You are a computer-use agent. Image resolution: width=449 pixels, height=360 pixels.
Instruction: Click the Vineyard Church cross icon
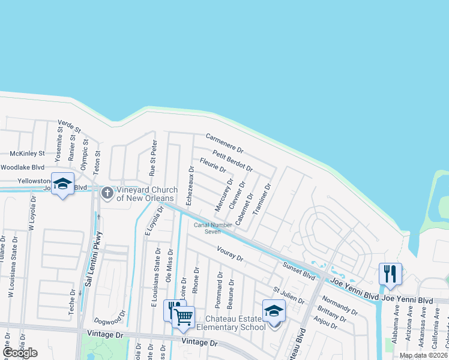pos(107,193)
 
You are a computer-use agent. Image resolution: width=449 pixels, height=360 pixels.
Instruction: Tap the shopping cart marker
pos(184,316)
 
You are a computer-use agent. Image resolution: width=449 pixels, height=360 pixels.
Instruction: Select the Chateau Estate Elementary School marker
pos(274,312)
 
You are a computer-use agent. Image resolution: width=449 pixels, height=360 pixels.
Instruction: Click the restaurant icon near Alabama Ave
pos(390,275)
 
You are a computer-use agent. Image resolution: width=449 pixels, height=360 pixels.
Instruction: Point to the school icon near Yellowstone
pos(62,185)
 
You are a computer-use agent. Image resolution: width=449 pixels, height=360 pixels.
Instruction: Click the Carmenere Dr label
pos(224,143)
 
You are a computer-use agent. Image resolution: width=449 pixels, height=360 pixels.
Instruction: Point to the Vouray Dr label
pos(230,254)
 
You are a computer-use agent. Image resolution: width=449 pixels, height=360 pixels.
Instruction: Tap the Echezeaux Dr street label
pos(190,186)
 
